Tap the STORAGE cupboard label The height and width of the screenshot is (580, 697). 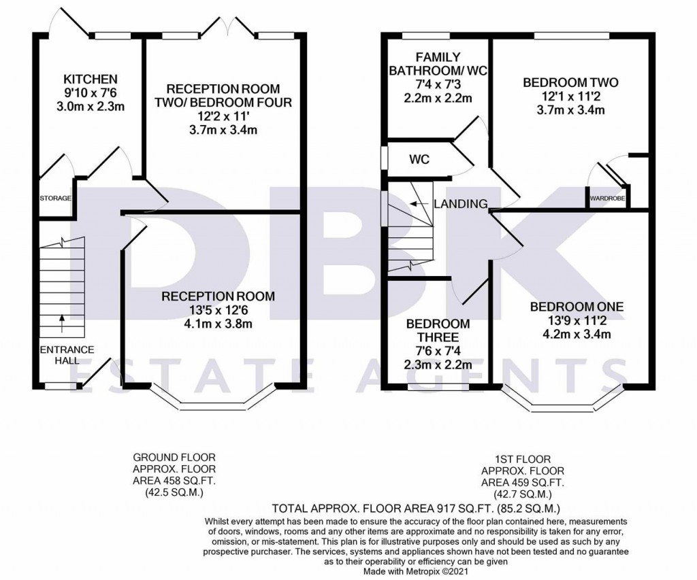55,199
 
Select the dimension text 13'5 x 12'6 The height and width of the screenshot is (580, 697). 218,310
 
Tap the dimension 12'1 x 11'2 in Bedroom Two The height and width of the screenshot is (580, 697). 570,97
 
